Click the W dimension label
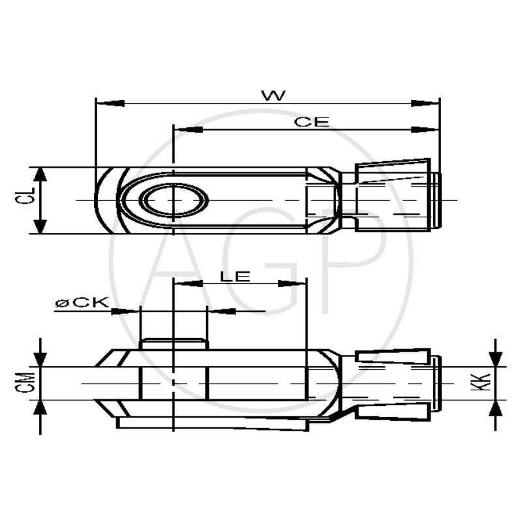pyautogui.click(x=273, y=95)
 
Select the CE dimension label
pyautogui.click(x=311, y=122)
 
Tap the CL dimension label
pyautogui.click(x=21, y=200)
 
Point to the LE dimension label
pyautogui.click(x=235, y=276)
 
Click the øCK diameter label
pyautogui.click(x=81, y=303)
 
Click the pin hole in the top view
pyautogui.click(x=174, y=200)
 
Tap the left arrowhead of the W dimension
pyautogui.click(x=110, y=103)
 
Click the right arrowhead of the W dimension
pyautogui.click(x=425, y=103)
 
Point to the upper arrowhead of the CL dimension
pyautogui.click(x=40, y=176)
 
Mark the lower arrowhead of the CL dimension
pyautogui.click(x=40, y=225)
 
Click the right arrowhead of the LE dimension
pyautogui.click(x=293, y=284)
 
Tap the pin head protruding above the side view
pyautogui.click(x=174, y=344)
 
